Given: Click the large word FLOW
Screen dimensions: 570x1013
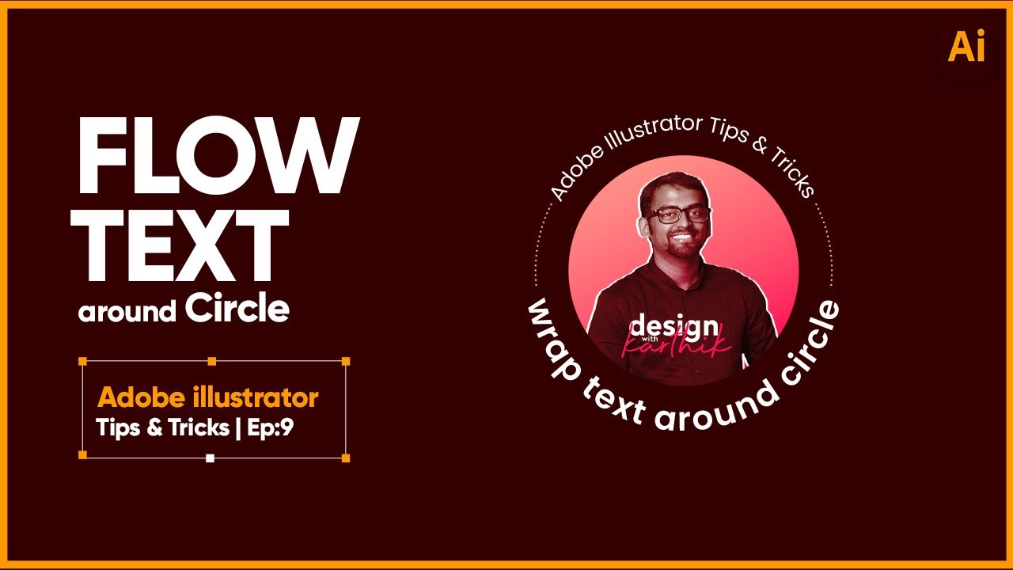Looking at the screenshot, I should click(x=218, y=158).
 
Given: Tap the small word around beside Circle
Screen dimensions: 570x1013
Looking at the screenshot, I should click(x=127, y=312).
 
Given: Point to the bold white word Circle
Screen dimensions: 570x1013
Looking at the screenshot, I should click(x=237, y=309).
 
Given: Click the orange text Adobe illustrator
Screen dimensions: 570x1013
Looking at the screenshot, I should click(x=207, y=397).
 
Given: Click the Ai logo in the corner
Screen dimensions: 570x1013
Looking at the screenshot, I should click(x=966, y=47).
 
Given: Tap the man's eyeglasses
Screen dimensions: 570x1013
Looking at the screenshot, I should click(x=677, y=214).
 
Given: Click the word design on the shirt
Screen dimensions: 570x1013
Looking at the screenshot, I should click(x=663, y=326).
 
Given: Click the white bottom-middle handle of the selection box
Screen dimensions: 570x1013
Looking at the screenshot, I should click(x=210, y=458).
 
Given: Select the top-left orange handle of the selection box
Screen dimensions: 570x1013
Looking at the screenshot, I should click(x=82, y=361).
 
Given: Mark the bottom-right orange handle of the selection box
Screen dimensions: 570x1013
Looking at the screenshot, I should click(x=346, y=458).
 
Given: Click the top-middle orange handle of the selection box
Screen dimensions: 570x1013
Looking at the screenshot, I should click(x=211, y=361).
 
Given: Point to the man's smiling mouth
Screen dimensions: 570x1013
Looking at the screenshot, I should click(x=681, y=236).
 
